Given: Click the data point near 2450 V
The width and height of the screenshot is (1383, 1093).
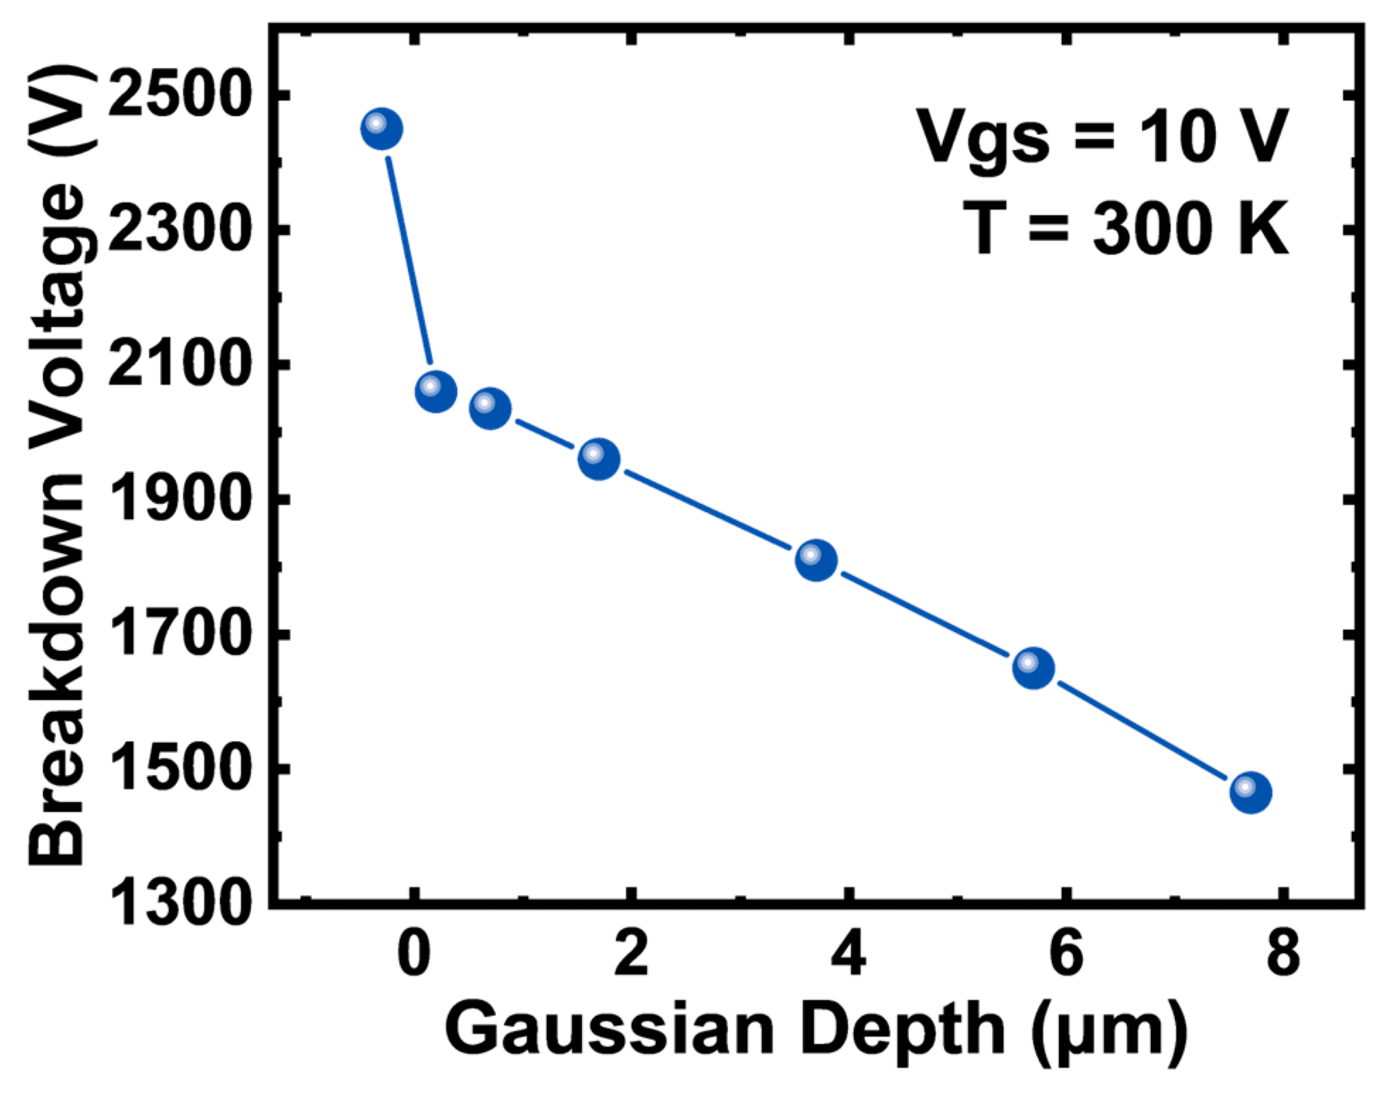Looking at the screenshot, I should click(x=381, y=129).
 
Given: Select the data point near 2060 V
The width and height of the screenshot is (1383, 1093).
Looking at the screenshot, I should click(x=436, y=391).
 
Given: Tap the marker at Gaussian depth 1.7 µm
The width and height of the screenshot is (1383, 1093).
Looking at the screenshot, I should click(x=599, y=459).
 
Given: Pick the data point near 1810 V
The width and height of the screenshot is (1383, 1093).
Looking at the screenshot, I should click(x=816, y=560).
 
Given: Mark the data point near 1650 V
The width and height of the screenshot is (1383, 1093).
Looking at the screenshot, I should click(x=1034, y=667).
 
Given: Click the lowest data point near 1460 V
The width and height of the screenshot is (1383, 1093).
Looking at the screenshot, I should click(x=1251, y=793).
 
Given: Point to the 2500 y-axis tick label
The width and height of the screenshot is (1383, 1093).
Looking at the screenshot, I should click(x=180, y=93).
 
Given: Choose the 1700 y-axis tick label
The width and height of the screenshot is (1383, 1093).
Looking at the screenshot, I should click(x=180, y=633).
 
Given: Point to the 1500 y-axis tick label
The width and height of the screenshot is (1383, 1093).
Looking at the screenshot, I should click(x=180, y=768).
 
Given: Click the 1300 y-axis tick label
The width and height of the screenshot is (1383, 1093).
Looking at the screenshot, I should click(x=180, y=903).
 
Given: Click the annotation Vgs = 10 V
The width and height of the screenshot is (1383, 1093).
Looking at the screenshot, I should click(x=1103, y=136).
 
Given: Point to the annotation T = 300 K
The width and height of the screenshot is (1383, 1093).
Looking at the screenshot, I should click(x=1126, y=228).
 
